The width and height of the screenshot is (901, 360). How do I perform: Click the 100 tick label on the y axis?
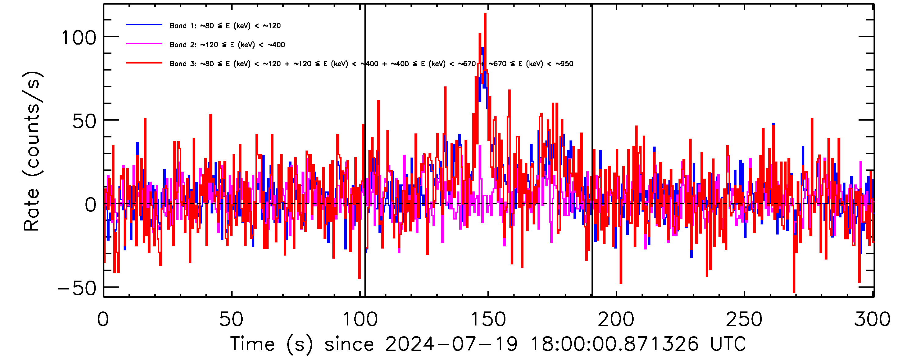point(79,38)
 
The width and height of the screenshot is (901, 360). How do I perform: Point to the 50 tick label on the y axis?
point(84,122)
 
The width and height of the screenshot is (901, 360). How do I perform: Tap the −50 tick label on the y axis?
point(77,289)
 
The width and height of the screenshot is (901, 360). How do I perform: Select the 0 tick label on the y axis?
point(90,205)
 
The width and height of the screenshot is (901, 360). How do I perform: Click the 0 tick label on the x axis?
point(103,319)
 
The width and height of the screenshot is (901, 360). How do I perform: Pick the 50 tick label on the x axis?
point(231,319)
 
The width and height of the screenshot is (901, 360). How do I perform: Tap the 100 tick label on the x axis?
point(360,319)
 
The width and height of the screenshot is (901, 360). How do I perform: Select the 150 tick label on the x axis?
point(488,319)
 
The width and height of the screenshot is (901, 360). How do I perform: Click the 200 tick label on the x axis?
point(616,319)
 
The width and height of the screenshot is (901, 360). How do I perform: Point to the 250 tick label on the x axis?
point(744,319)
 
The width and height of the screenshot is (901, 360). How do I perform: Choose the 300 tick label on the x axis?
point(872,319)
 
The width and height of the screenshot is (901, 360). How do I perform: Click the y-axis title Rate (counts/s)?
point(32,151)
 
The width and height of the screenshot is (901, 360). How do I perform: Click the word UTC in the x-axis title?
point(728,344)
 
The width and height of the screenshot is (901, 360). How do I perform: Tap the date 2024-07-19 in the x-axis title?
point(451,344)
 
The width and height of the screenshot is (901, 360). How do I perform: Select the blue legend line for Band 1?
point(144,25)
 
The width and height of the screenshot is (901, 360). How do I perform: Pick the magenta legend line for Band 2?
point(144,44)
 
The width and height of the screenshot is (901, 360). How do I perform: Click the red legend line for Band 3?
point(144,63)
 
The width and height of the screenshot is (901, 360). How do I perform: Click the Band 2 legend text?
point(227,45)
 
